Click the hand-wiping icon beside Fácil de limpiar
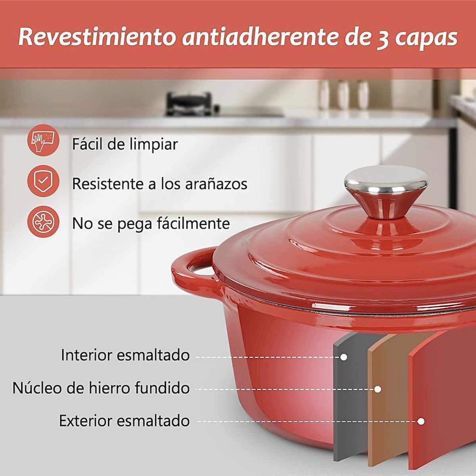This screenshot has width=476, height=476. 43,142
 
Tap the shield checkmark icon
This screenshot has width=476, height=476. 43,182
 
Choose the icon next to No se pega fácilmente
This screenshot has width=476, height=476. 43,222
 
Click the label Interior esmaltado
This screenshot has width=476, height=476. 125,355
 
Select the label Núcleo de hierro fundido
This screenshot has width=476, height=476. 101,388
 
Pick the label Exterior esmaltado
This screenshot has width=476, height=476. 124,420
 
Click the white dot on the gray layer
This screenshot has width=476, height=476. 344,357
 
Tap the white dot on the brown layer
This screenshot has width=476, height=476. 378,390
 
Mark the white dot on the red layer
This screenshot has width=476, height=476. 421,421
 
